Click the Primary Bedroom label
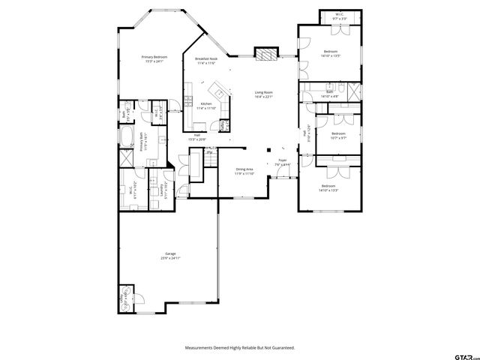point(155,57)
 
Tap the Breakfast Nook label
point(206,58)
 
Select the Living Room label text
point(262,92)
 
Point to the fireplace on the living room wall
point(265,54)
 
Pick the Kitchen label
point(205,103)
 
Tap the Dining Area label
point(244,169)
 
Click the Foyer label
point(283,160)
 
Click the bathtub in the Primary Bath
point(127,139)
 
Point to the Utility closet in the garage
point(124,298)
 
